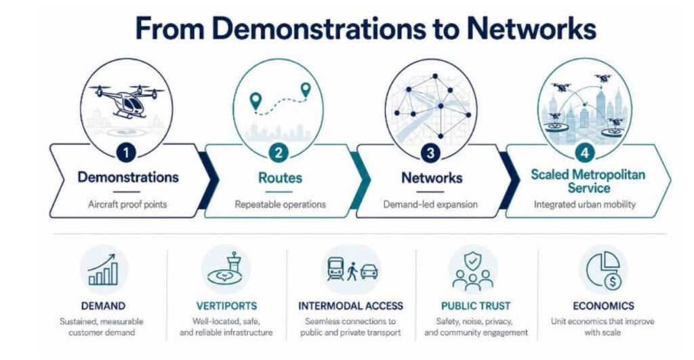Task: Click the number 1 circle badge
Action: coord(126,153)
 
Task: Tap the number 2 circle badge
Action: coord(279,153)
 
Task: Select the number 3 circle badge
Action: coord(430,153)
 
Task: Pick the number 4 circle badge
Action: coord(585,153)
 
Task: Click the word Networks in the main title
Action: coord(531,28)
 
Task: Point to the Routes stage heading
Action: coord(280,178)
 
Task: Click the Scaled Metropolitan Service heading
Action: coord(588,180)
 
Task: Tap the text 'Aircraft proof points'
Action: coord(127,205)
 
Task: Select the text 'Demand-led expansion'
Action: coord(430,205)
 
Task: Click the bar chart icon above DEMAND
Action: coord(103,270)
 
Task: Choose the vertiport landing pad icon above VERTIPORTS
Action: coord(226,269)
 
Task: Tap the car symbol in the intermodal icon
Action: coord(369,271)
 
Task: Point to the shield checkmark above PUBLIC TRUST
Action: coord(473,261)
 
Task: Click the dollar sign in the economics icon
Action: coord(613,281)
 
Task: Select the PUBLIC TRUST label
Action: coord(476,306)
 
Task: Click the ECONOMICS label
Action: coord(603,306)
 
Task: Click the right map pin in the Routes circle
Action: coord(306,90)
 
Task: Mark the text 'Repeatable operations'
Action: coord(280,205)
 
